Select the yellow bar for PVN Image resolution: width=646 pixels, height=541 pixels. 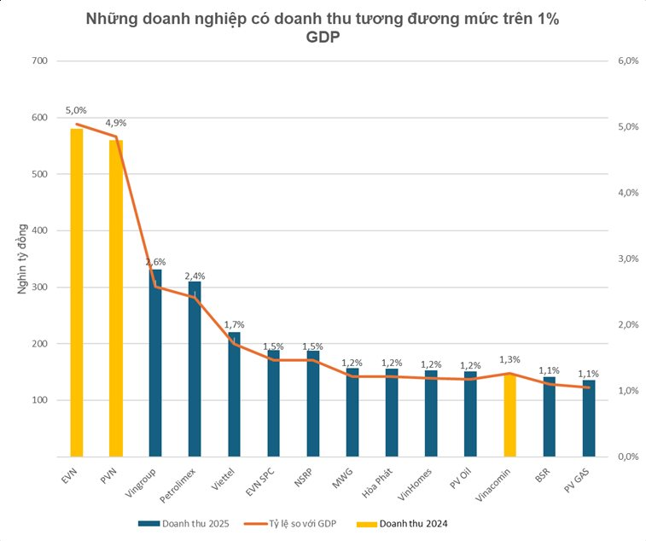tap(116, 298)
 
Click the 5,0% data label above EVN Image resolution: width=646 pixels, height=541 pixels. tap(76, 111)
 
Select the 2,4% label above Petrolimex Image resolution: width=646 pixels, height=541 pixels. tap(195, 276)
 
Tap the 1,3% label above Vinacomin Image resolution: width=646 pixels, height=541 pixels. tap(509, 360)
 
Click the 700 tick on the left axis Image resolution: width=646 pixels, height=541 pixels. tap(39, 61)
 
